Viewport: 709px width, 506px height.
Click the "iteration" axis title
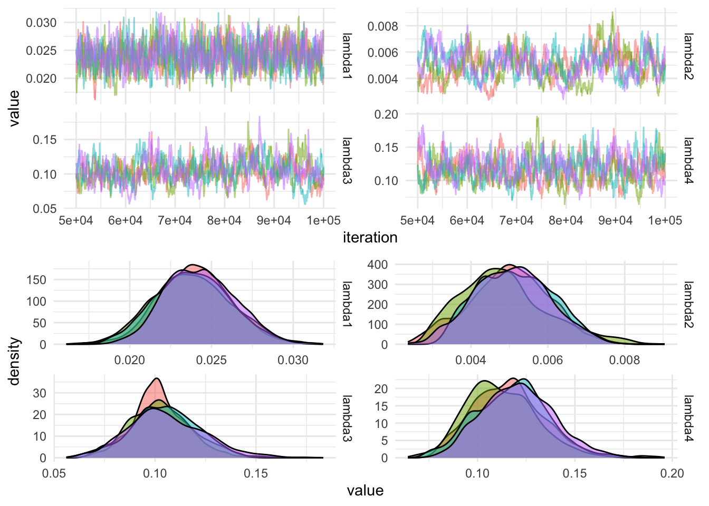coord(370,238)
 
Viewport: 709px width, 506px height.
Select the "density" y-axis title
coord(14,362)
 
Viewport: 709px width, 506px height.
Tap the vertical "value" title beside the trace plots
coord(14,108)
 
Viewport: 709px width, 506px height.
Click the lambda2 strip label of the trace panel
coord(688,56)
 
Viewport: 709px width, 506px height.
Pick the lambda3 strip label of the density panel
coord(347,418)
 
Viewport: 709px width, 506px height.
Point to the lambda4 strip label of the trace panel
coord(688,160)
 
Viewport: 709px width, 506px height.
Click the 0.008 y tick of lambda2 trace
coord(382,26)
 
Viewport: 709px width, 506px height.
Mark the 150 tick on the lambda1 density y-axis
coord(36,280)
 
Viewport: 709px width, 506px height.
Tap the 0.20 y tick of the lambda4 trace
coord(386,114)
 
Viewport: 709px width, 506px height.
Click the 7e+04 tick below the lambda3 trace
coord(175,220)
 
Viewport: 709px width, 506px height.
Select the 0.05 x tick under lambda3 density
coord(54,473)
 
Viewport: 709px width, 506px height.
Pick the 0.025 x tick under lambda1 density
coord(212,360)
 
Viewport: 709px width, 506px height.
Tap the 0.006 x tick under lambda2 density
coord(548,360)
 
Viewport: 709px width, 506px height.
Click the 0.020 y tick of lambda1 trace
coord(41,79)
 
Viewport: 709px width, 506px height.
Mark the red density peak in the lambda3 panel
coord(157,378)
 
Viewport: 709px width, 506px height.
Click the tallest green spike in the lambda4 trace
coord(537,117)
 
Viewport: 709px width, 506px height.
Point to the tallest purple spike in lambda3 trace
coord(260,117)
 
